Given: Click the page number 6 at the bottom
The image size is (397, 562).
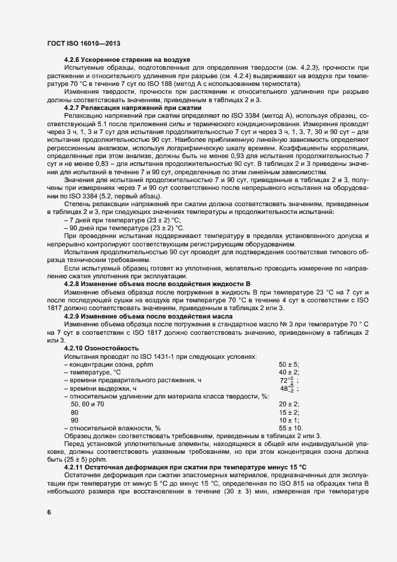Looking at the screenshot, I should click(49, 512).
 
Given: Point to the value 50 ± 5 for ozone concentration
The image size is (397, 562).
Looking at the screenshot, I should click(289, 364).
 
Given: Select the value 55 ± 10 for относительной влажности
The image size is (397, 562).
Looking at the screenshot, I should click(291, 427).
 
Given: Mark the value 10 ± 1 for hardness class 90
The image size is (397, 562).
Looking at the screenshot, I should click(289, 420).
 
